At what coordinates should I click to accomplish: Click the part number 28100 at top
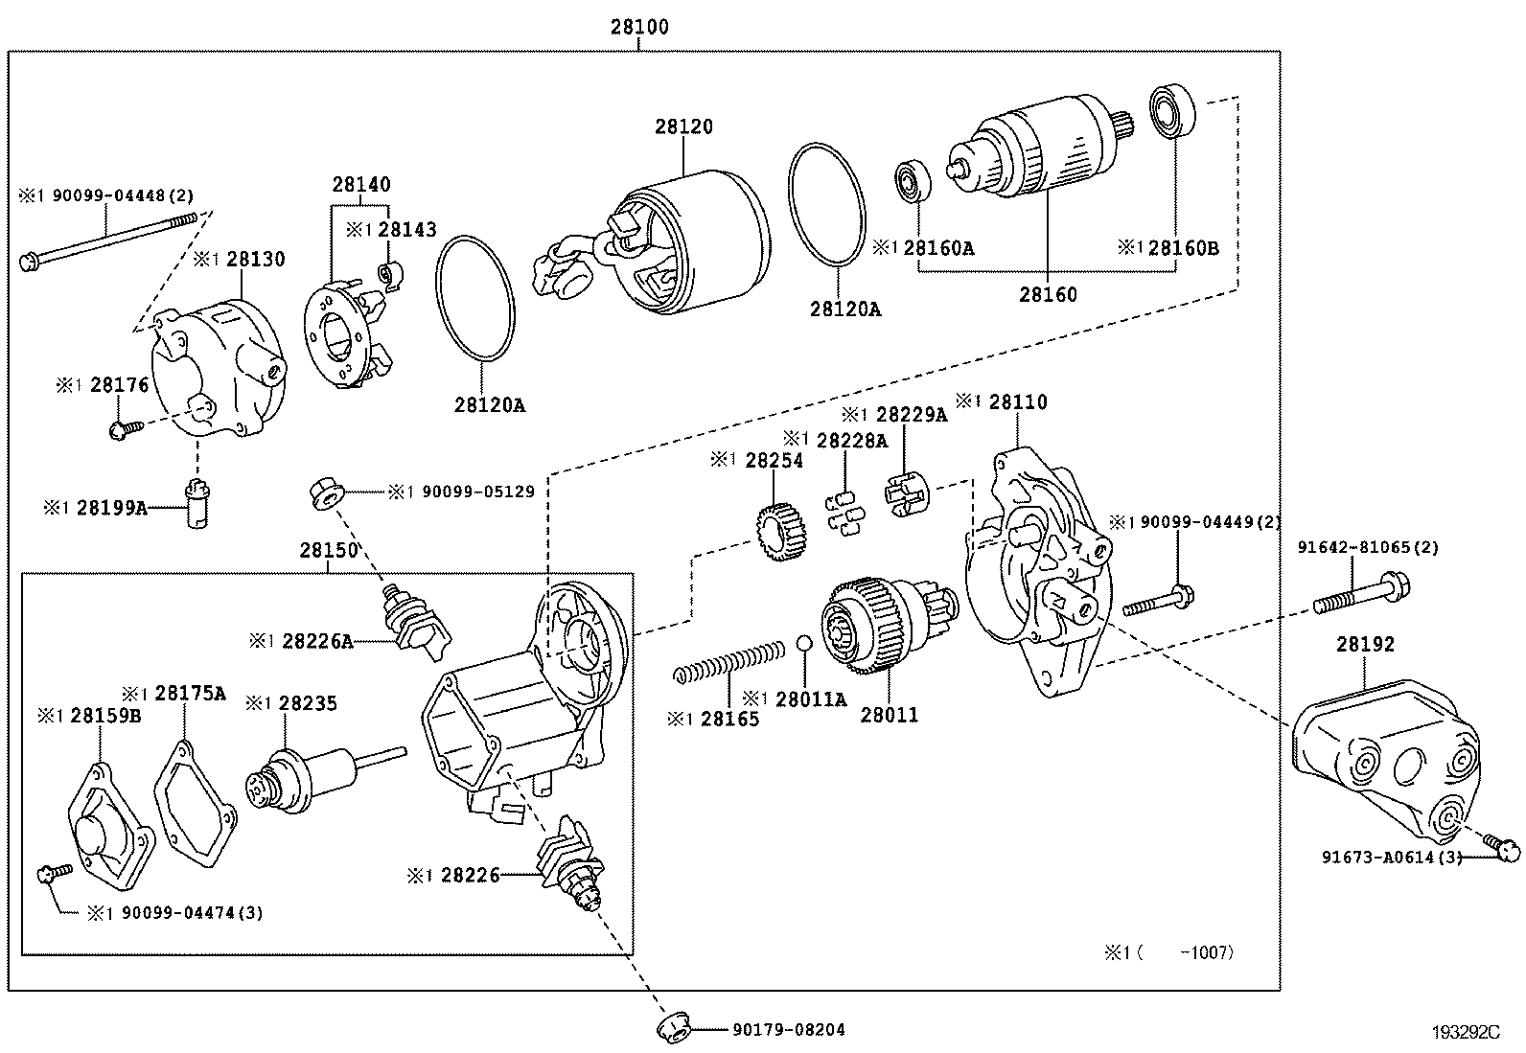(639, 28)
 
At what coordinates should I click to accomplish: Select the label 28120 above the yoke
(684, 126)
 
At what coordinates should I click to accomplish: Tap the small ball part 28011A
(805, 642)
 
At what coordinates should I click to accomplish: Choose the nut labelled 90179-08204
(674, 1029)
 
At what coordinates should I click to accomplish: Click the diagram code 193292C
(1465, 1032)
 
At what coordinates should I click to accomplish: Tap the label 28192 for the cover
(1365, 645)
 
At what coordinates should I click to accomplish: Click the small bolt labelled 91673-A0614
(1503, 844)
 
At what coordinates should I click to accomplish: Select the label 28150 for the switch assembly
(328, 551)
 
